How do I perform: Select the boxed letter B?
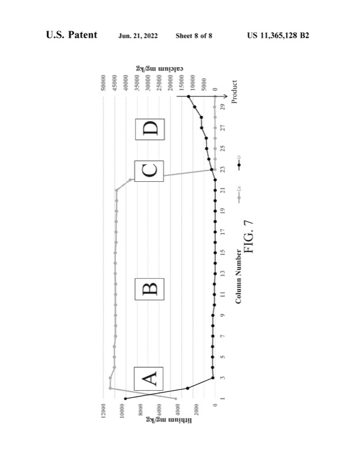tap(149, 290)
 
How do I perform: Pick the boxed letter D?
tap(149, 128)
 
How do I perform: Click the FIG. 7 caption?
tap(248, 237)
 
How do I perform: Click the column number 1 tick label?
tap(224, 398)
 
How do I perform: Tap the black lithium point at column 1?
tap(125, 399)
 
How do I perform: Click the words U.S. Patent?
tap(72, 36)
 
